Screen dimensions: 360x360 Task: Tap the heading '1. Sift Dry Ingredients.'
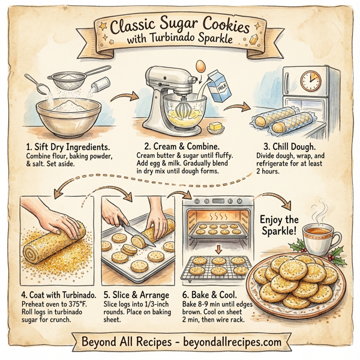[x=67, y=146]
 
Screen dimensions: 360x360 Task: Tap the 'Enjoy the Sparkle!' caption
[x=278, y=225]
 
